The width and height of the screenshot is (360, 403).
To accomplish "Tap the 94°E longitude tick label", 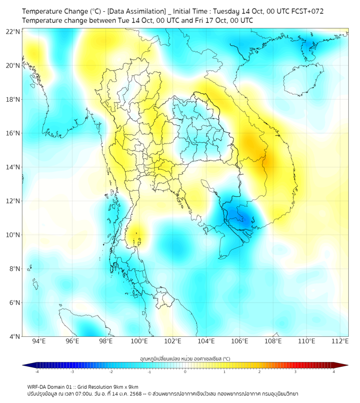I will click(39, 341).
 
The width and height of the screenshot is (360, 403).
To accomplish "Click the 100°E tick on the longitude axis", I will click(140, 341).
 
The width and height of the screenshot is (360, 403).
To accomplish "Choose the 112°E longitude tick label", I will click(340, 341).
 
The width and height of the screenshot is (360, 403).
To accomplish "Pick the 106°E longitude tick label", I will click(240, 341).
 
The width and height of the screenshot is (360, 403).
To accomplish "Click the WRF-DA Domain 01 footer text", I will click(57, 386).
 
